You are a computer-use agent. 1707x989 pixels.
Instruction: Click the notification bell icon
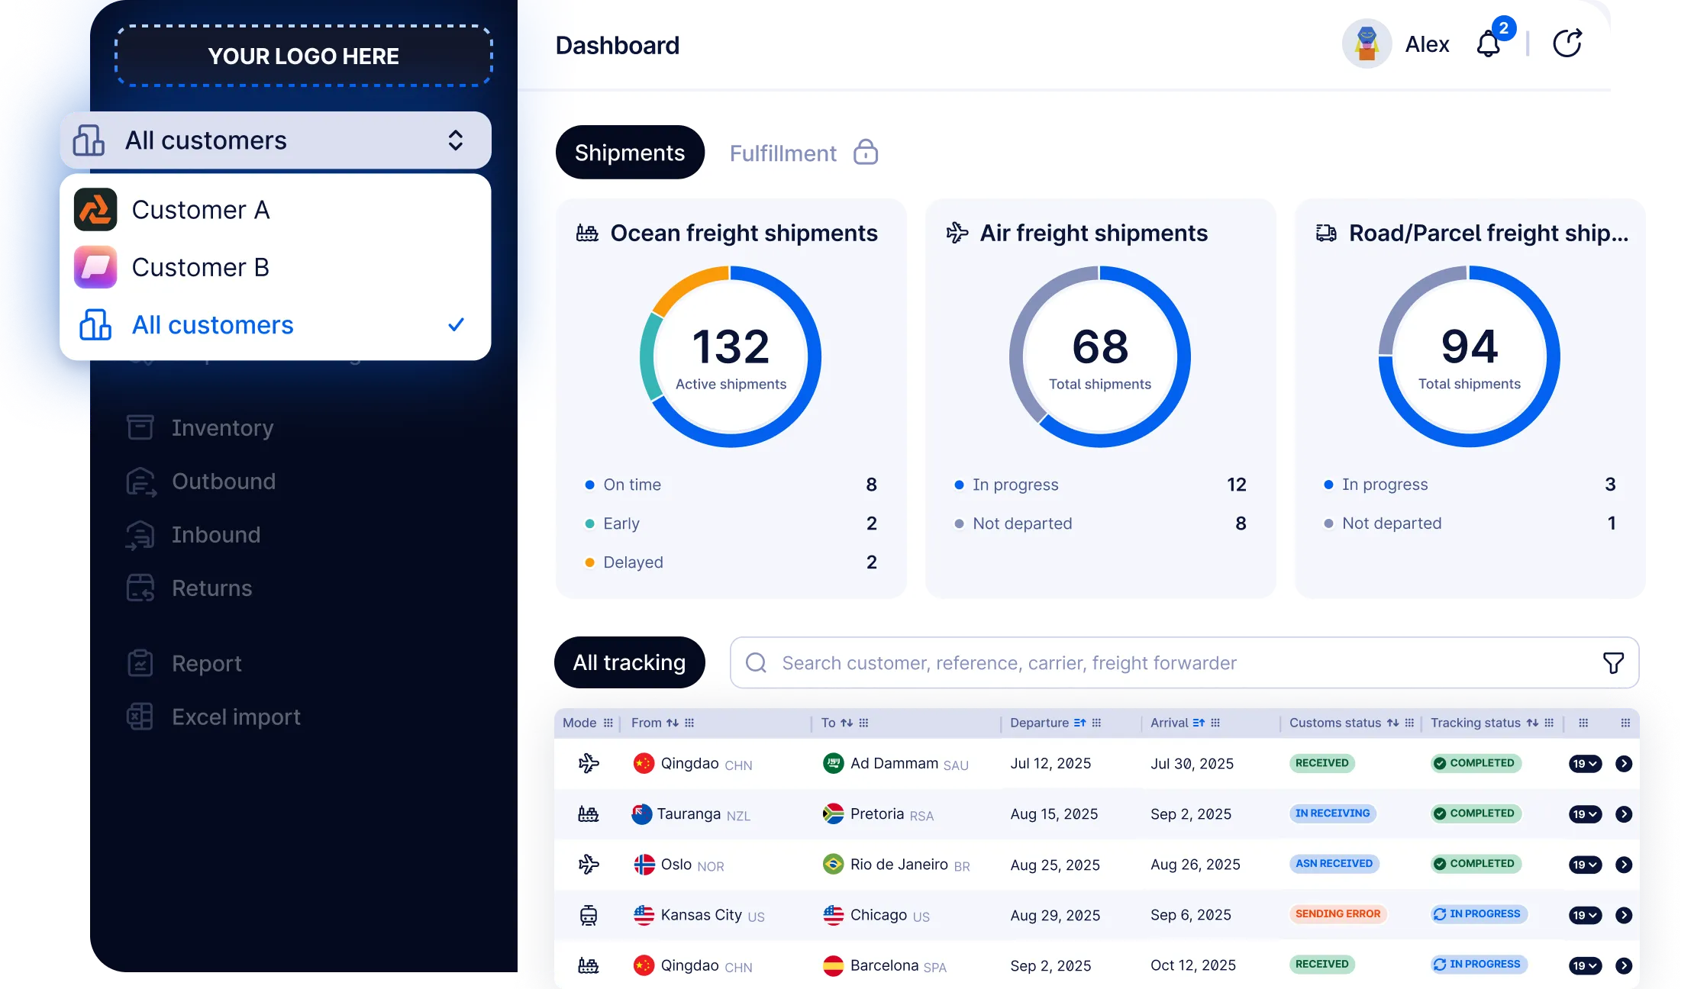1489,44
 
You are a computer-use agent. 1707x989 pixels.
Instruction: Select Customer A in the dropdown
200,210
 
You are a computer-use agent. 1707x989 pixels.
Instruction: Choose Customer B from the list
200,267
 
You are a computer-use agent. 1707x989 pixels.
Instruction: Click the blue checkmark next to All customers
456,325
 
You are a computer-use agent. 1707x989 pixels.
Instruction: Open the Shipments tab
629,153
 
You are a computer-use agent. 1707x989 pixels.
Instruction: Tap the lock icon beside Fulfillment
865,153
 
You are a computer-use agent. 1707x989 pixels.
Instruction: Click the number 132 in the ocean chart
731,347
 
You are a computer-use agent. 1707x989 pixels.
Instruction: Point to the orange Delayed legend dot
589,562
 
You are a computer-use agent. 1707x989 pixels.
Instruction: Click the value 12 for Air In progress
1236,485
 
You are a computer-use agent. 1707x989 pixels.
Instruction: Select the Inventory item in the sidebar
222,428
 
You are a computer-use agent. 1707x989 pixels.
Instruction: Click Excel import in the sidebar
236,717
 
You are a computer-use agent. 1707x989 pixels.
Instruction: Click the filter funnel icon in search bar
1613,663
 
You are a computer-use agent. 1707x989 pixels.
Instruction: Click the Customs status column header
1335,723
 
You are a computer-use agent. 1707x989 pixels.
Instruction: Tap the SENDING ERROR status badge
1338,914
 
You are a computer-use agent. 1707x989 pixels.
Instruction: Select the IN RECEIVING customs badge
1332,813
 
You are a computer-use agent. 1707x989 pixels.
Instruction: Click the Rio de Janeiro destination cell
899,865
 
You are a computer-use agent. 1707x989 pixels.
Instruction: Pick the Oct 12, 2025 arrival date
1192,965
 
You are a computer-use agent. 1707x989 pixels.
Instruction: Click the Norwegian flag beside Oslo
644,865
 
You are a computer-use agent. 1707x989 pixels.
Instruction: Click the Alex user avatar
1367,44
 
